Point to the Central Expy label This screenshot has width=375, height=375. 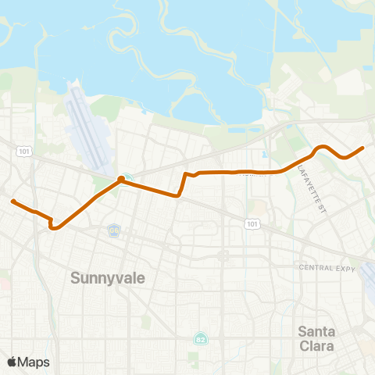pos(327,267)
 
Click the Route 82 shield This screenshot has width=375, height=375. pos(200,338)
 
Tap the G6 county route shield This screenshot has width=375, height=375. pos(115,230)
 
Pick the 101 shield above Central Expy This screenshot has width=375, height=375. pos(252,224)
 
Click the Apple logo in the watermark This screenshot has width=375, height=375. pos(12,362)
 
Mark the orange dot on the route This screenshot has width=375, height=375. pos(121,180)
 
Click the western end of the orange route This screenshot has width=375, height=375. pos(12,202)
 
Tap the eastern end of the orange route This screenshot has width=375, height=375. pos(363,147)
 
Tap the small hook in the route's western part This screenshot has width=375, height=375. pos(52,226)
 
